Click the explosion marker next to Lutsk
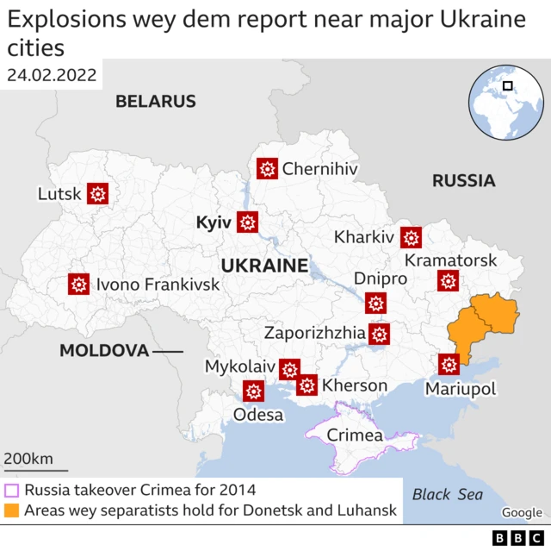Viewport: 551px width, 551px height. tap(97, 194)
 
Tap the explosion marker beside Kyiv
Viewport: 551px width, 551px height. tap(248, 222)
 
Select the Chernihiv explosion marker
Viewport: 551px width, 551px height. tap(267, 169)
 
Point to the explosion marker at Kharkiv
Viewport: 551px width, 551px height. tap(412, 237)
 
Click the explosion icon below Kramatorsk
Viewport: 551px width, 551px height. tap(448, 280)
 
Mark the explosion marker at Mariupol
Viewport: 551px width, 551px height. tap(449, 365)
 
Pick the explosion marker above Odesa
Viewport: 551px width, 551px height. tap(253, 391)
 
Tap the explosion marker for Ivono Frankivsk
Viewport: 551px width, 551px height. tap(79, 284)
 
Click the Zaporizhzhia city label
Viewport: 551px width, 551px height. tap(313, 333)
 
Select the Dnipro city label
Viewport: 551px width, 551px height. tap(380, 279)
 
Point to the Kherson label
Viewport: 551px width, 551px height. tap(354, 385)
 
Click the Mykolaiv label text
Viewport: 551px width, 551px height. tap(238, 366)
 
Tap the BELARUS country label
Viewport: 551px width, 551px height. tap(156, 102)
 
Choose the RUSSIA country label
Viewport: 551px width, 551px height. tap(463, 181)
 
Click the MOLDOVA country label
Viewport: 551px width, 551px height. tap(104, 351)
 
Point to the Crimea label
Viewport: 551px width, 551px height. tap(355, 435)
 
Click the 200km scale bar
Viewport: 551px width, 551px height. tap(34, 470)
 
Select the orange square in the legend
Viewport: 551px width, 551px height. tap(12, 510)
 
